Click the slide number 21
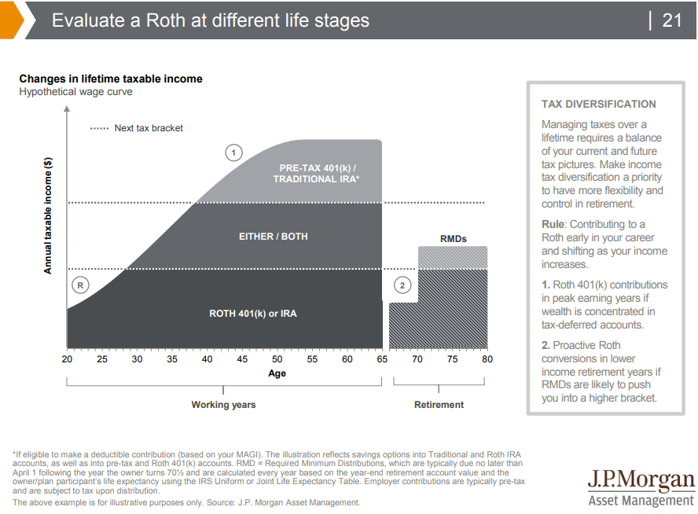(x=672, y=20)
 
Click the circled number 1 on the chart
(x=233, y=152)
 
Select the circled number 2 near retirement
(x=402, y=285)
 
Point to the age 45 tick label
(x=242, y=359)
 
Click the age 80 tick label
(x=487, y=359)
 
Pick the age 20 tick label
(x=67, y=359)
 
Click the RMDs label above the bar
(x=453, y=238)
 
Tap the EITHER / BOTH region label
(x=274, y=237)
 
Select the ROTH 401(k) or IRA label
(x=253, y=314)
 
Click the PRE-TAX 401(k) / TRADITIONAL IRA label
(x=316, y=174)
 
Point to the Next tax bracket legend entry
(x=137, y=128)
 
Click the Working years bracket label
(x=223, y=405)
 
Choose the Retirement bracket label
(x=439, y=405)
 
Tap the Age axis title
(x=277, y=373)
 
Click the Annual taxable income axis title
(x=48, y=215)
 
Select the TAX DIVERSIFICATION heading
(x=598, y=104)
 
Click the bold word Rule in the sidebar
(x=553, y=225)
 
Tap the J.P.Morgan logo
(x=641, y=487)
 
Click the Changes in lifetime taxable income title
(x=111, y=79)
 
